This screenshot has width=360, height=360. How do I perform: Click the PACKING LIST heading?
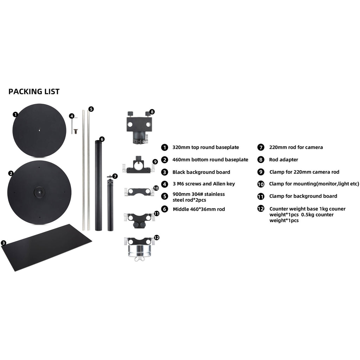(x=34, y=92)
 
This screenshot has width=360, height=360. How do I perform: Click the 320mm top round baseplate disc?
(x=39, y=130)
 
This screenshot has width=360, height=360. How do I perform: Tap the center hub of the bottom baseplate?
(x=39, y=192)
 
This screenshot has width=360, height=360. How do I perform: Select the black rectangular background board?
(x=46, y=247)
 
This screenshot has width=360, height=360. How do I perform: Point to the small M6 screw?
(x=75, y=131)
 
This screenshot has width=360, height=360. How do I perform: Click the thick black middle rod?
(x=98, y=186)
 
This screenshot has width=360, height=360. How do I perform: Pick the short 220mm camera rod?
(x=110, y=204)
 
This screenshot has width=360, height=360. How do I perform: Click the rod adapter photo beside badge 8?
(x=139, y=128)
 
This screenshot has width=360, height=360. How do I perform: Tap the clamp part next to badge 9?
(x=139, y=165)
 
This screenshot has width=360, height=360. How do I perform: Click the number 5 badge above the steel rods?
(x=91, y=109)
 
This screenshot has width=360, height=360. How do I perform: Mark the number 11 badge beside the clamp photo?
(x=156, y=214)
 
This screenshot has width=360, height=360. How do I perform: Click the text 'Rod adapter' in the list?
(x=284, y=160)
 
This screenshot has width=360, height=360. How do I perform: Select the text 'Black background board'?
(x=201, y=172)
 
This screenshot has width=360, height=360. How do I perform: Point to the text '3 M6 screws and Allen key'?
(x=204, y=184)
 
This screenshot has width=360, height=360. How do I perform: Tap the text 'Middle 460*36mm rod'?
(x=199, y=209)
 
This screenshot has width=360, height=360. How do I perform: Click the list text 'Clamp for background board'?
(x=303, y=196)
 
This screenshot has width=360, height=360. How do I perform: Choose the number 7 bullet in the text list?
(x=261, y=147)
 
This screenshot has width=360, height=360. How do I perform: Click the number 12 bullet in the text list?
(x=261, y=209)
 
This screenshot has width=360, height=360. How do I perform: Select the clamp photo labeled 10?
(x=139, y=192)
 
